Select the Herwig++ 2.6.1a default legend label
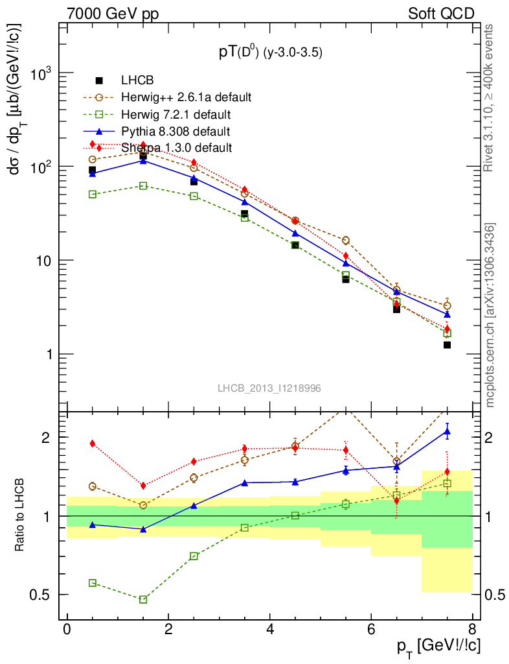click(185, 98)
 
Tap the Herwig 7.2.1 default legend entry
click(175, 115)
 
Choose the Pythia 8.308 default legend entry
click(175, 132)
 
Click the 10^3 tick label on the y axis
click(40, 73)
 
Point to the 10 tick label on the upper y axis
click(43, 261)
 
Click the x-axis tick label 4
click(269, 631)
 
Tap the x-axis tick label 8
click(472, 631)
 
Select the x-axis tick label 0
click(67, 631)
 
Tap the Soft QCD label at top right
click(441, 14)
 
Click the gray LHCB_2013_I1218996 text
click(269, 388)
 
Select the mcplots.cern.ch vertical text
click(490, 315)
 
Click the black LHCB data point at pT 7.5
click(447, 345)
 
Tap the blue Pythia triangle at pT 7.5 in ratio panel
click(447, 431)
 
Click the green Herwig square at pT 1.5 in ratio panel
click(143, 599)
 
